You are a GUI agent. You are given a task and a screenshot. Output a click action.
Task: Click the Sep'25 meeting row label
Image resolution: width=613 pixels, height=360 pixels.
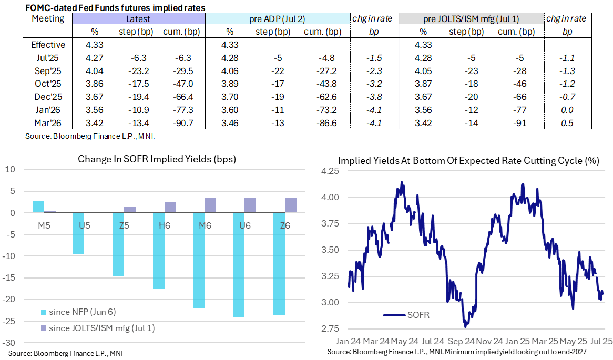click(x=48, y=70)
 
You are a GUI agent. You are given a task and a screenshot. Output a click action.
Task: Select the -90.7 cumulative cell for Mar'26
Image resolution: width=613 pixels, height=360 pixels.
click(x=179, y=123)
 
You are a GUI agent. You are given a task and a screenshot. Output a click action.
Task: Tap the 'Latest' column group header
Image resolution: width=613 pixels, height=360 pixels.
click(x=138, y=19)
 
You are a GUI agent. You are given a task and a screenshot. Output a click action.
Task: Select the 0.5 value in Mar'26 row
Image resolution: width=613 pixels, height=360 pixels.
click(x=568, y=123)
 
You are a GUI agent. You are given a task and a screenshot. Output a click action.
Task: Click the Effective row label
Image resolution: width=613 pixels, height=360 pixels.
click(x=48, y=45)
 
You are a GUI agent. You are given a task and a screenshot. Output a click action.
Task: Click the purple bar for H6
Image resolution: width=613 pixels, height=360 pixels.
click(x=170, y=208)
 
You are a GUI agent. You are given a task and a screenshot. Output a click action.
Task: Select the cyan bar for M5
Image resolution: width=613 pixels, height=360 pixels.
click(x=38, y=207)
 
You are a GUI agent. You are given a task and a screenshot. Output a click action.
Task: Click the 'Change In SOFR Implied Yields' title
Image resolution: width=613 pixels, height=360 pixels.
click(x=157, y=159)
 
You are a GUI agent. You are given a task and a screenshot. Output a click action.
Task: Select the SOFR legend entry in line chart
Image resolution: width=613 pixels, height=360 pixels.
click(x=413, y=315)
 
